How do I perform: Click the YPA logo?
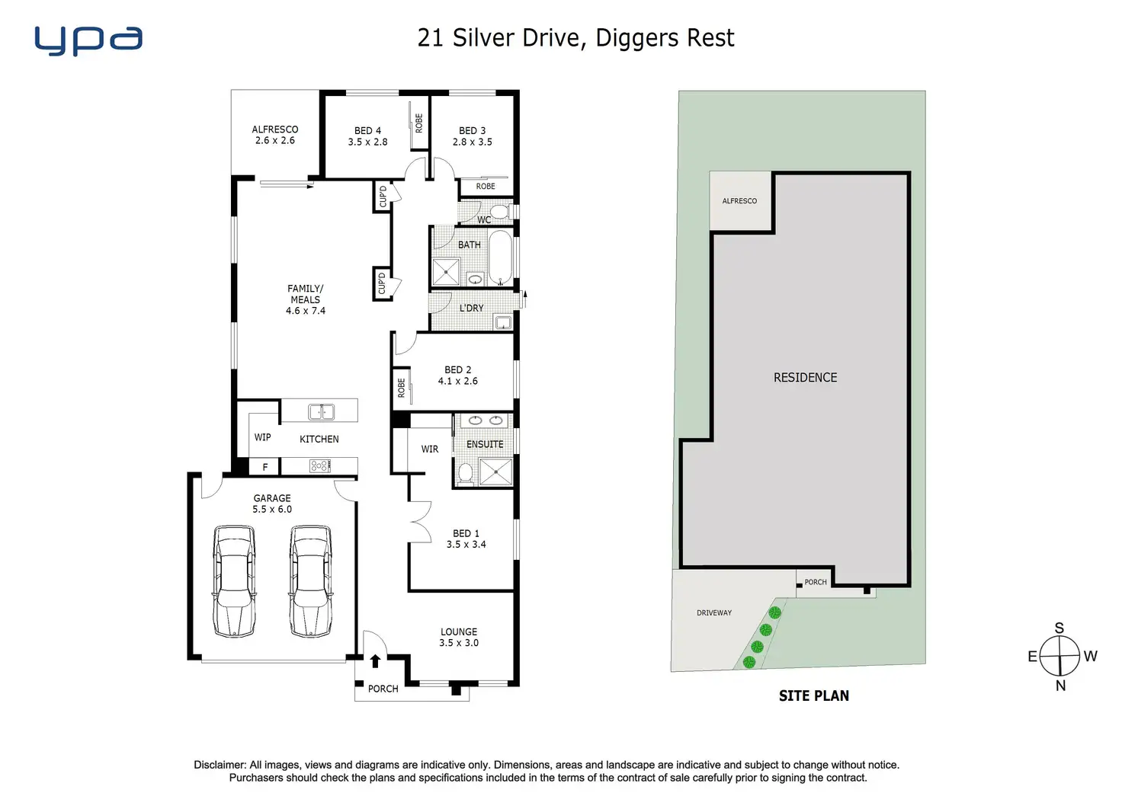88,41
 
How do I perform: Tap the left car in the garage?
234,581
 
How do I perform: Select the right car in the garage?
310,581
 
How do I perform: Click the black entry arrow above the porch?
375,661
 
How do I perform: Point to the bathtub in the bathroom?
500,257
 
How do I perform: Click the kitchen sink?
322,411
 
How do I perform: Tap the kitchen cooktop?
319,467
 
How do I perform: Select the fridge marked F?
265,467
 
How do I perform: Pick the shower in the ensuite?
496,472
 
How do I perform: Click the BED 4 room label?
367,131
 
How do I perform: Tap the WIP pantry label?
262,437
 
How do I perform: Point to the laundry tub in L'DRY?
503,322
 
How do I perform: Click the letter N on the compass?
1060,686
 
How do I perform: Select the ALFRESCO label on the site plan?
739,201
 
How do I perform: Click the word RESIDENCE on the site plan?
805,378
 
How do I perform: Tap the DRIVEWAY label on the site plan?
714,612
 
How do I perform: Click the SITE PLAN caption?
814,696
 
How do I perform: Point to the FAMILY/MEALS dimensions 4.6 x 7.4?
306,311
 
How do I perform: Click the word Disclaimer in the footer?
220,765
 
